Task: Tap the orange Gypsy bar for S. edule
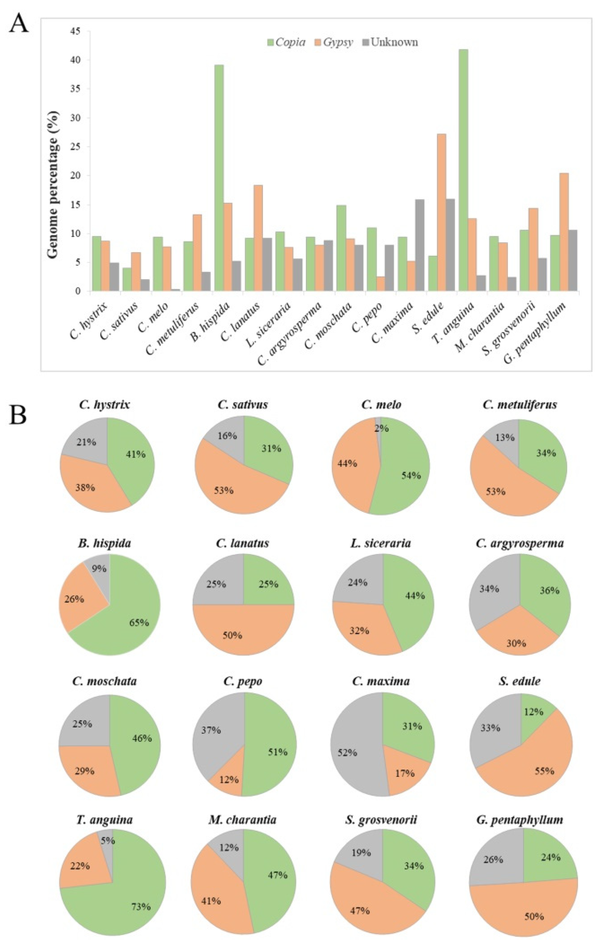tap(441, 213)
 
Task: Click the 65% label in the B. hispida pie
tap(139, 623)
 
